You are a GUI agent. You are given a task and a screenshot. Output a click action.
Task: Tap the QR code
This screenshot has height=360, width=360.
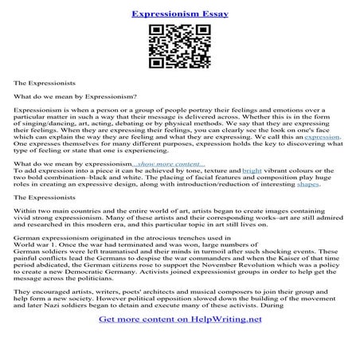tap(179, 48)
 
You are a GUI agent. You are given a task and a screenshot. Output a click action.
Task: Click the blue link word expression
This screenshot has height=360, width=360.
tap(322, 137)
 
